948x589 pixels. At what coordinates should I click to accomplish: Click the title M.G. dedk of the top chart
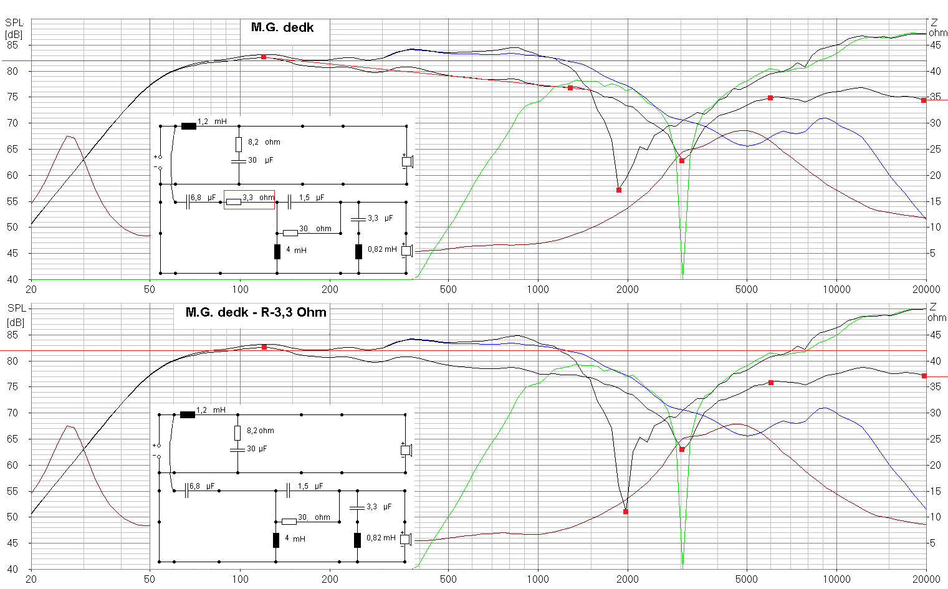click(282, 27)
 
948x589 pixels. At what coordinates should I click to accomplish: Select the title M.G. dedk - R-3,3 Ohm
click(256, 312)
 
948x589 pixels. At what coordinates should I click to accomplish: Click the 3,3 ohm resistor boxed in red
click(234, 201)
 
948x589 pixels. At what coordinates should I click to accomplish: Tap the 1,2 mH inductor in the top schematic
click(188, 126)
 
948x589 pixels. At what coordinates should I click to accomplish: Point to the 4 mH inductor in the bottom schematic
click(276, 540)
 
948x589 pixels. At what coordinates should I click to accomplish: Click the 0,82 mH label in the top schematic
click(382, 249)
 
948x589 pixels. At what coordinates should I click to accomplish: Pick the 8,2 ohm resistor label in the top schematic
click(264, 142)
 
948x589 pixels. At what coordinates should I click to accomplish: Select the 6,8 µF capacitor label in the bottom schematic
click(202, 486)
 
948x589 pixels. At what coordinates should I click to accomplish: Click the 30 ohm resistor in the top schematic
click(290, 233)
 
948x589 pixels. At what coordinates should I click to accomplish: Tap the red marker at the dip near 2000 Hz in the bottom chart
click(626, 512)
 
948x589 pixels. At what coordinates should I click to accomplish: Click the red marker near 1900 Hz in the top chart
click(619, 190)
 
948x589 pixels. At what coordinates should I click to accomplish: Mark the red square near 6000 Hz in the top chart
click(770, 98)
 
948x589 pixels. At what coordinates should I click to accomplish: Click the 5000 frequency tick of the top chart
click(746, 289)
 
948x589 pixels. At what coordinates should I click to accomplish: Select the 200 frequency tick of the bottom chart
click(330, 579)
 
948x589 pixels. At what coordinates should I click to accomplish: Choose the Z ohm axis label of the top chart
click(937, 28)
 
